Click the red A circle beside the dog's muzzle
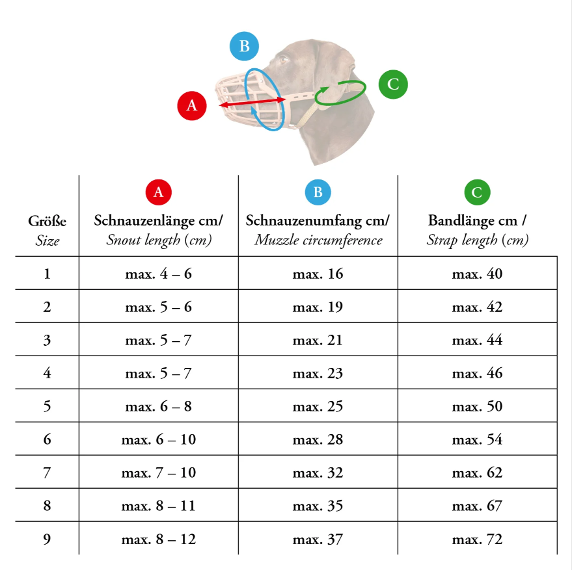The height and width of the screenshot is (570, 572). pyautogui.click(x=191, y=105)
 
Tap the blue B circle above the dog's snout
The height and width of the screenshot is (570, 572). pyautogui.click(x=244, y=46)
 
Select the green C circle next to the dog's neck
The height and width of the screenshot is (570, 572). pyautogui.click(x=393, y=84)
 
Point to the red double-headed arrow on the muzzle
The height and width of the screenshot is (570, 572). pyautogui.click(x=252, y=102)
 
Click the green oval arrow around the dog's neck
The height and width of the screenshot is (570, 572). pyautogui.click(x=340, y=94)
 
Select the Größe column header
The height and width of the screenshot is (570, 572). pyautogui.click(x=47, y=221)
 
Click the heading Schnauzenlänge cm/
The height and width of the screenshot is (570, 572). pyautogui.click(x=158, y=220)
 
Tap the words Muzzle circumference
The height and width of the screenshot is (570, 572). pyautogui.click(x=318, y=240)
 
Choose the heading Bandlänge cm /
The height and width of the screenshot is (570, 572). pyautogui.click(x=477, y=220)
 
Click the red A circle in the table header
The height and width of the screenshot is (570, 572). pyautogui.click(x=158, y=192)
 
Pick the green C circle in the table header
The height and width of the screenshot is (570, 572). pyautogui.click(x=477, y=192)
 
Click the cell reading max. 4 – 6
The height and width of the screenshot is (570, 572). pyautogui.click(x=158, y=274)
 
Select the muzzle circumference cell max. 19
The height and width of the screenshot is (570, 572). pyautogui.click(x=318, y=307)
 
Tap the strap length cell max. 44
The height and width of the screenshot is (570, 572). pyautogui.click(x=477, y=340)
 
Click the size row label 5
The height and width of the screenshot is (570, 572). pyautogui.click(x=47, y=406)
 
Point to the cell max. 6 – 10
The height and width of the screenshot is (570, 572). pyautogui.click(x=158, y=439)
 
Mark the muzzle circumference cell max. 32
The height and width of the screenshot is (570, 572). pyautogui.click(x=318, y=473)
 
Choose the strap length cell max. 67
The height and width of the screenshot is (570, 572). pyautogui.click(x=477, y=506)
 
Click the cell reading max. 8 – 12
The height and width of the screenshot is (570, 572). pyautogui.click(x=158, y=539)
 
